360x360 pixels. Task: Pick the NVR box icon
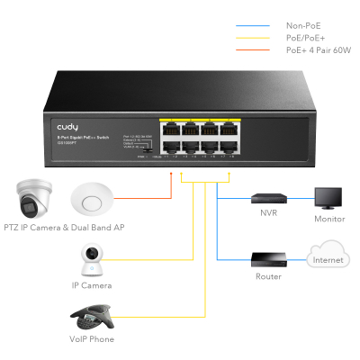(x=267, y=197)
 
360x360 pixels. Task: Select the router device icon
(x=267, y=260)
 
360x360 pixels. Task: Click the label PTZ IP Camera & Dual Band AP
(x=63, y=229)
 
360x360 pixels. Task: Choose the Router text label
(x=267, y=277)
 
